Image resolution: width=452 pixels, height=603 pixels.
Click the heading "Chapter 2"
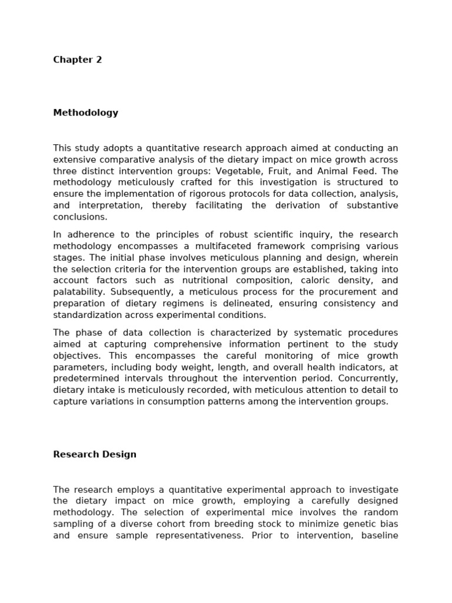(x=77, y=60)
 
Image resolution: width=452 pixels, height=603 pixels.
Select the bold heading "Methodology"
(x=85, y=113)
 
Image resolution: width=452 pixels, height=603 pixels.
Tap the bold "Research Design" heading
(x=94, y=455)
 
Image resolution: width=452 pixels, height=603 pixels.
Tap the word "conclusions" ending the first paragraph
(x=79, y=217)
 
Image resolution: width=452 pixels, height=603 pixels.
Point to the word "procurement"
(x=330, y=292)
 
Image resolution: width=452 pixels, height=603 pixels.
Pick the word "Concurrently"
(x=364, y=379)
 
